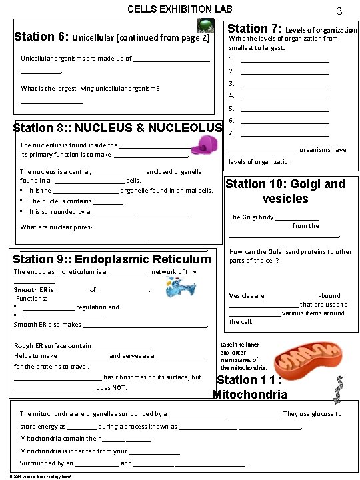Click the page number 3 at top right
click(x=339, y=11)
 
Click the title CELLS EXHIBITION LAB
click(x=180, y=9)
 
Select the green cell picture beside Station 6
click(x=206, y=26)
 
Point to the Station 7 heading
click(x=293, y=29)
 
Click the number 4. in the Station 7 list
click(x=231, y=96)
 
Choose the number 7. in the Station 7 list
click(x=231, y=133)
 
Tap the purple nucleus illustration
click(x=207, y=144)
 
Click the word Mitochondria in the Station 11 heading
click(x=249, y=394)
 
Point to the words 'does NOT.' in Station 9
click(x=112, y=388)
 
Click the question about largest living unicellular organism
click(x=90, y=88)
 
